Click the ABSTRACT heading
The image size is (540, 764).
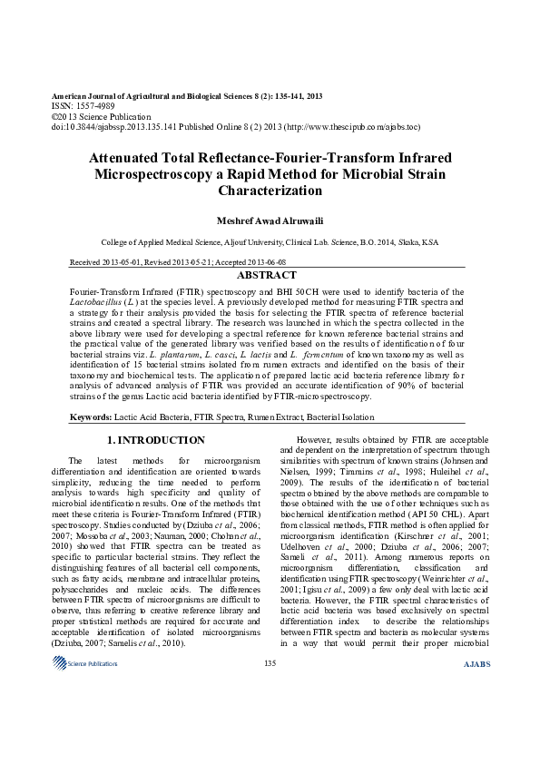click(x=270, y=275)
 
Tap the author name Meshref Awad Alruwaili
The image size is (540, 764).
click(x=270, y=220)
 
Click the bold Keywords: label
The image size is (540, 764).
click(x=91, y=417)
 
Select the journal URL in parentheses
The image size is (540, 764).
click(x=355, y=127)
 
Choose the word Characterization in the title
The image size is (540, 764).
click(x=270, y=191)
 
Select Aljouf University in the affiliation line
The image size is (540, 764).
click(x=250, y=243)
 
